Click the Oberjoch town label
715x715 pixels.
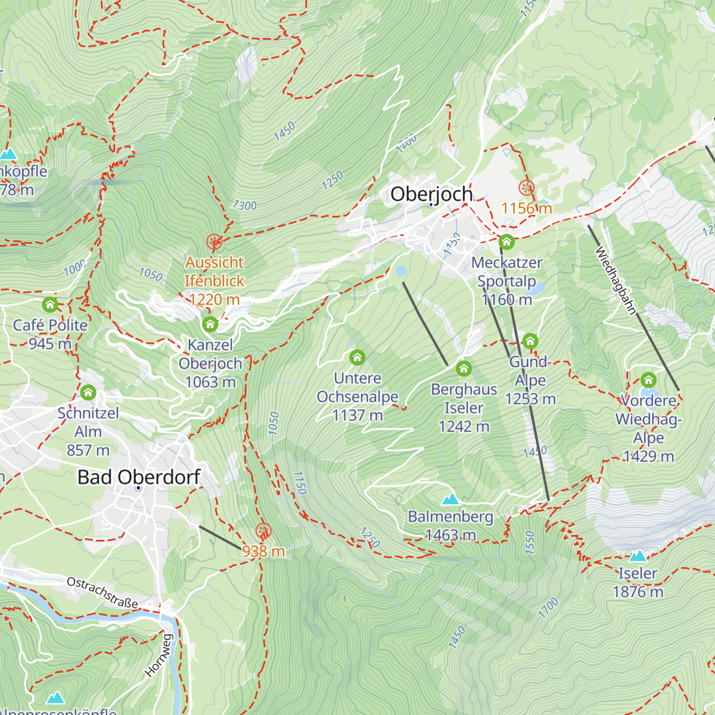431,194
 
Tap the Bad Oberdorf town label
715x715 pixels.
139,477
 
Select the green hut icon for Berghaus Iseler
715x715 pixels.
464,369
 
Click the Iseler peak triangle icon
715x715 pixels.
638,556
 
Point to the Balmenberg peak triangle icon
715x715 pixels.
450,499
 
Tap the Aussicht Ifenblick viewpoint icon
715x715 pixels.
214,242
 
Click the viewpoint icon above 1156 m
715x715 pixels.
526,188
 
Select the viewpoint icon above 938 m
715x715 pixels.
263,531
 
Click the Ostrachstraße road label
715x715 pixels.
102,592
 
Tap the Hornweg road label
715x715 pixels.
158,655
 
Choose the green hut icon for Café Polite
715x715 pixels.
50,305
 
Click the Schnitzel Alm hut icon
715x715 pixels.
88,393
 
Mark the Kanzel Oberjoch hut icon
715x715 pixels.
210,325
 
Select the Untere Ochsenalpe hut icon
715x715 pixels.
357,357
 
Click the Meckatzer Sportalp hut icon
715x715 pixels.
506,242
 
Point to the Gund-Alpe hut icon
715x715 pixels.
530,341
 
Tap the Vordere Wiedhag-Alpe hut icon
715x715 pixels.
648,380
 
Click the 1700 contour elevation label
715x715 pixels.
548,607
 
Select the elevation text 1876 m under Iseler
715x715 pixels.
638,592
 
